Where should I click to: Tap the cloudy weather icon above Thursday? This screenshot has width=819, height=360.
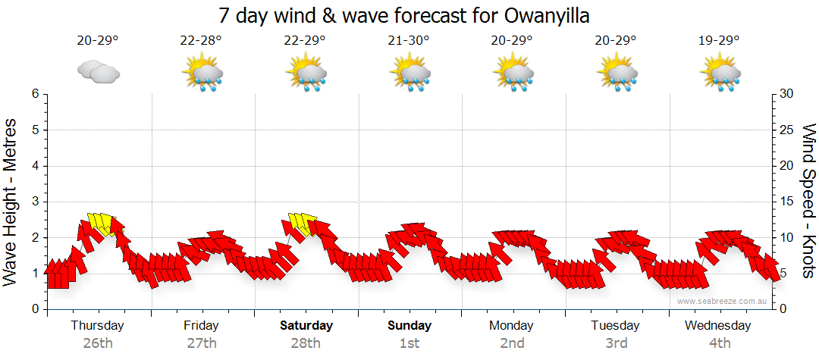tap(99, 72)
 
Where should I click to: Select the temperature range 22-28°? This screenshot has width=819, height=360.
tap(201, 40)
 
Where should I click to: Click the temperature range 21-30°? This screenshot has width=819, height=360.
tap(409, 40)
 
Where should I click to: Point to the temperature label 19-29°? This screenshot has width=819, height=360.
tap(719, 40)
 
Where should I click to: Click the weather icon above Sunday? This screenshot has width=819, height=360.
tap(410, 74)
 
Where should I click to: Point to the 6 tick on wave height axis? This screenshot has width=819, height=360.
tap(35, 94)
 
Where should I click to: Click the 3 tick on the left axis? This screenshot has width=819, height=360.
tap(35, 202)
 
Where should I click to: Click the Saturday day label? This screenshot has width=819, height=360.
tap(306, 326)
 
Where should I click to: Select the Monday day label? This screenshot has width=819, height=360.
tap(512, 326)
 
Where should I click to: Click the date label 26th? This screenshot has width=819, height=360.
tap(98, 343)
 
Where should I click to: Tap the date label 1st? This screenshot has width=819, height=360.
tap(409, 343)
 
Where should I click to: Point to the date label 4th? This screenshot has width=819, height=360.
tap(719, 343)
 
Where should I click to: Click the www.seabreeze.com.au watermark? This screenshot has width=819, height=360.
tap(723, 301)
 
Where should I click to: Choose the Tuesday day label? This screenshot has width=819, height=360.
tap(616, 326)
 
